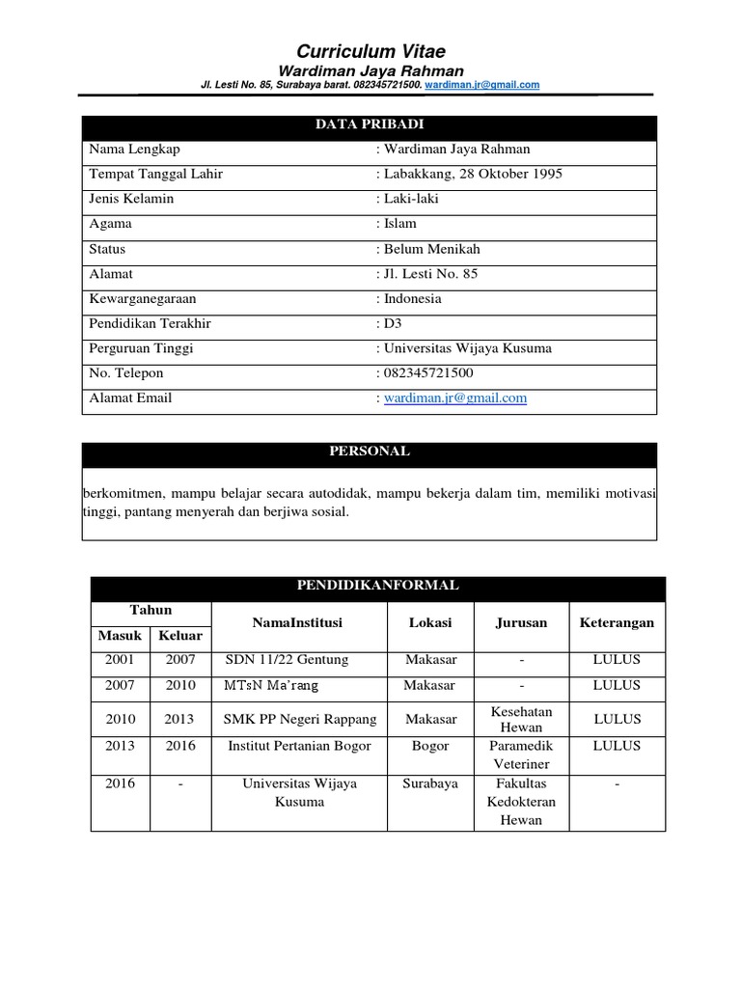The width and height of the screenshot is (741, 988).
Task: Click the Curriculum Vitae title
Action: coord(370,51)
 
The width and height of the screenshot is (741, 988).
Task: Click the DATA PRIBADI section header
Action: coord(370,125)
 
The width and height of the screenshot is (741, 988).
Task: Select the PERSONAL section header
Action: coord(370,452)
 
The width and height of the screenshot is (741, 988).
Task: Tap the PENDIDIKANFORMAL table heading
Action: coord(377,586)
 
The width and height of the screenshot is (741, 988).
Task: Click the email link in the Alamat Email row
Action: coord(454,398)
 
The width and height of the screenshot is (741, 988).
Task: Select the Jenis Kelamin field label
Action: coord(131,199)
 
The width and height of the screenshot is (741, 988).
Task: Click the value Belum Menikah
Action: coord(434,249)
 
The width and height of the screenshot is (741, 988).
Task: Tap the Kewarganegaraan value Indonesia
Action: coord(412,299)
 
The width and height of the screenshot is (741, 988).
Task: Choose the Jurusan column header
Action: coord(521,622)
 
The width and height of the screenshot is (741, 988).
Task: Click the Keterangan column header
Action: coord(617,622)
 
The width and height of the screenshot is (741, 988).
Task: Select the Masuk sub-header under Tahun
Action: coord(121,636)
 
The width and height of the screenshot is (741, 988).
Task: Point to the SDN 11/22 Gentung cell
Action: coord(287,660)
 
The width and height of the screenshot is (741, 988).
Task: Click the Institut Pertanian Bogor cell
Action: coord(298,746)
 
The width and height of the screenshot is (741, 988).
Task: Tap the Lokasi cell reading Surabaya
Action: coord(430,783)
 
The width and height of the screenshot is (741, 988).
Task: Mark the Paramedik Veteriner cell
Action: coord(521,755)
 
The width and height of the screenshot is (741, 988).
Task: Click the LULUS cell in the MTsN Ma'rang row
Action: coord(617,685)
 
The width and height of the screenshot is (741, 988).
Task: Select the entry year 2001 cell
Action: coord(121,660)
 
